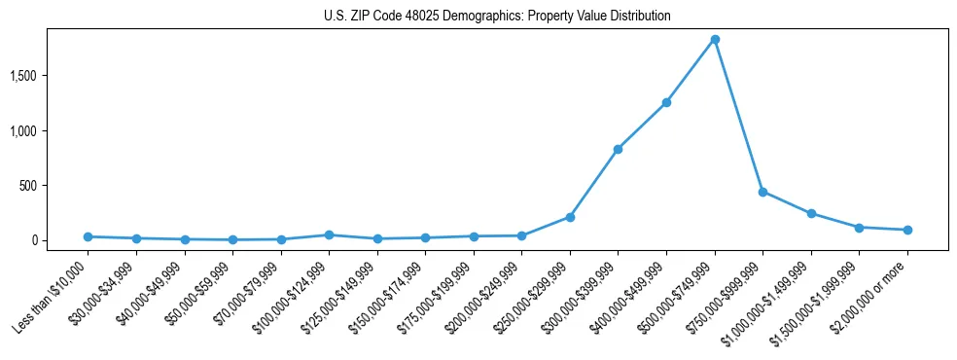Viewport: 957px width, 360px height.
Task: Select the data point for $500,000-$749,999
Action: (715, 40)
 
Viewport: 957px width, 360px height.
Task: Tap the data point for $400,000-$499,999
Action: (666, 102)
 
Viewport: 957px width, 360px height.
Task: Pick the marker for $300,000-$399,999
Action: (618, 149)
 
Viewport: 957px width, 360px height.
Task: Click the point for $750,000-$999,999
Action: (762, 192)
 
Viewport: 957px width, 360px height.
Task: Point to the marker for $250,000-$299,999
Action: (570, 217)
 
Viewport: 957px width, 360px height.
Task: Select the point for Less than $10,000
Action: (88, 236)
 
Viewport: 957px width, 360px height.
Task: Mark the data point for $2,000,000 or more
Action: (907, 230)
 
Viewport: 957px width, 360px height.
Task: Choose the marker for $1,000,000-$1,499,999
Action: (811, 213)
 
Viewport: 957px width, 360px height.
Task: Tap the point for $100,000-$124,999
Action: (329, 234)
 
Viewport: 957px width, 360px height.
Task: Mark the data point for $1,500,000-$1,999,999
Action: (859, 228)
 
